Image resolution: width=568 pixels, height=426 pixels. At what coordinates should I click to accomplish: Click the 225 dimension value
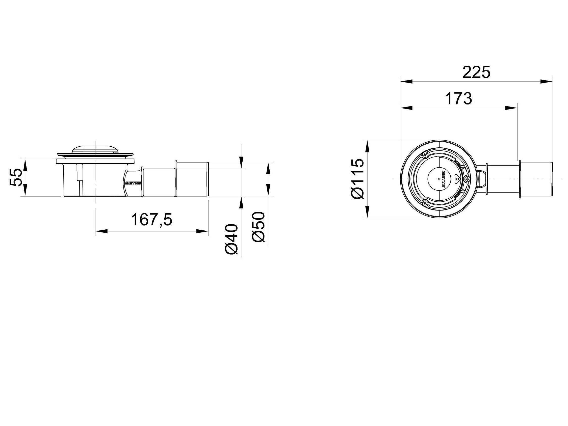click(x=476, y=72)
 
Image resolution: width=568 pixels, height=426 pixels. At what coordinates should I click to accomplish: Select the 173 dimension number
click(x=458, y=99)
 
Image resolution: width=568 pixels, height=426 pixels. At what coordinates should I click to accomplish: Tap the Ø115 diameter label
click(x=358, y=179)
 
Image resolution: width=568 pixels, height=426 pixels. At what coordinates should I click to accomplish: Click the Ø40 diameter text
click(x=231, y=239)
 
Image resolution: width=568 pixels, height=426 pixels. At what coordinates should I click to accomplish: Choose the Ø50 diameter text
click(x=258, y=227)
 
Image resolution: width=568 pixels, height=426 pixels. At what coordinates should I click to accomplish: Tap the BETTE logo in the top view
click(x=443, y=179)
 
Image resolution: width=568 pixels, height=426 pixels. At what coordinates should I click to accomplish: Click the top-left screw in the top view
click(x=425, y=155)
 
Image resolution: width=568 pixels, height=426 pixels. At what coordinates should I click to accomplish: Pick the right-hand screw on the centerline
click(x=467, y=179)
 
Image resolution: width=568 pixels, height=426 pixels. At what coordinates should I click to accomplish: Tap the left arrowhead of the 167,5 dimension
click(x=101, y=231)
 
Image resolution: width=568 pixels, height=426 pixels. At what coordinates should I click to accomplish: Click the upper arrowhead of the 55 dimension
click(x=25, y=165)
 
